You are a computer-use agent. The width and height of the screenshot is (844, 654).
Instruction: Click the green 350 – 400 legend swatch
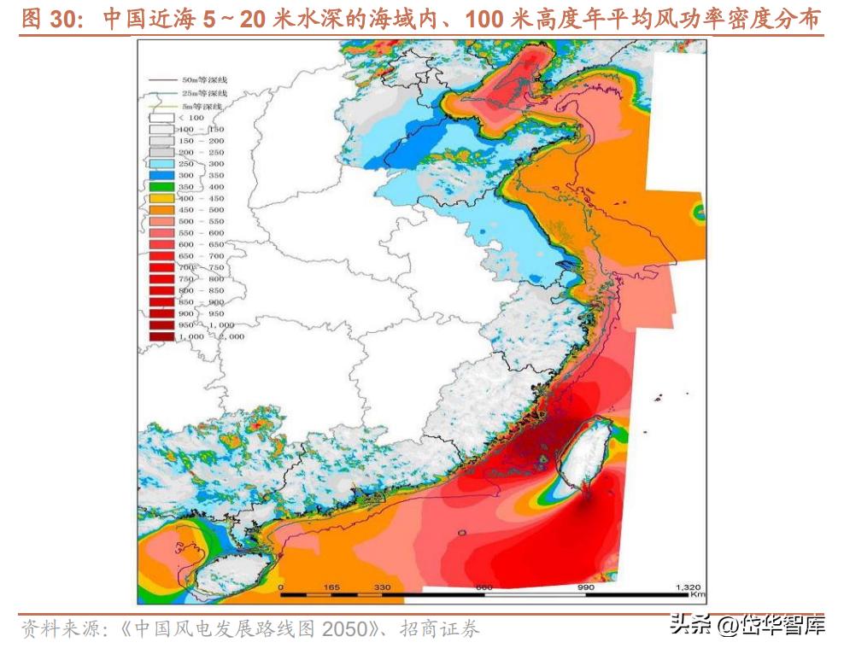161,186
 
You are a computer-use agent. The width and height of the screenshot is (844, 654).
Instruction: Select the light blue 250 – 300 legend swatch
161,163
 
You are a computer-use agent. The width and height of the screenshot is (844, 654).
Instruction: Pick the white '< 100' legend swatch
161,117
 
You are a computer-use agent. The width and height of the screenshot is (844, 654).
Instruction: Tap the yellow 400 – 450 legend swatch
161,198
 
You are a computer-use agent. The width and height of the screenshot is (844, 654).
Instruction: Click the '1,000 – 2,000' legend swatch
161,336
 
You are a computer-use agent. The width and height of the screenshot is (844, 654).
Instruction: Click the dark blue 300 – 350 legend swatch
161,175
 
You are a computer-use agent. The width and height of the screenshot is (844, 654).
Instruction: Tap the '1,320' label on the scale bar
688,587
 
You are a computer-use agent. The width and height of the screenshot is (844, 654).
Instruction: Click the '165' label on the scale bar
331,587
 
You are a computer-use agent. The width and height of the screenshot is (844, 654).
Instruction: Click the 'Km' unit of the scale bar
697,595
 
